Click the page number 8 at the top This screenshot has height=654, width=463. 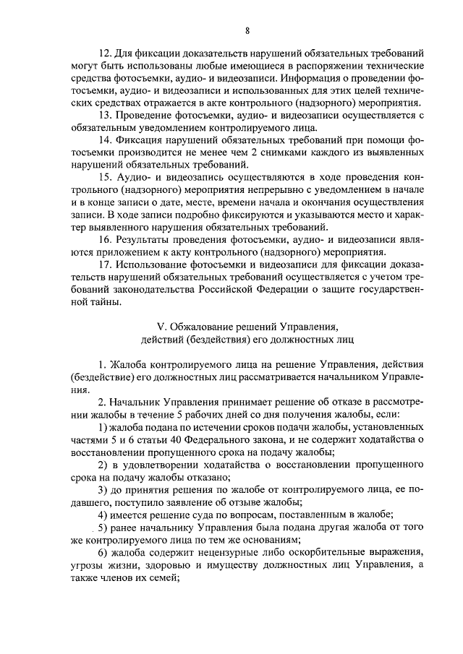(x=247, y=31)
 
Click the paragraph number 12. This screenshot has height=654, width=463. (x=103, y=54)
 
